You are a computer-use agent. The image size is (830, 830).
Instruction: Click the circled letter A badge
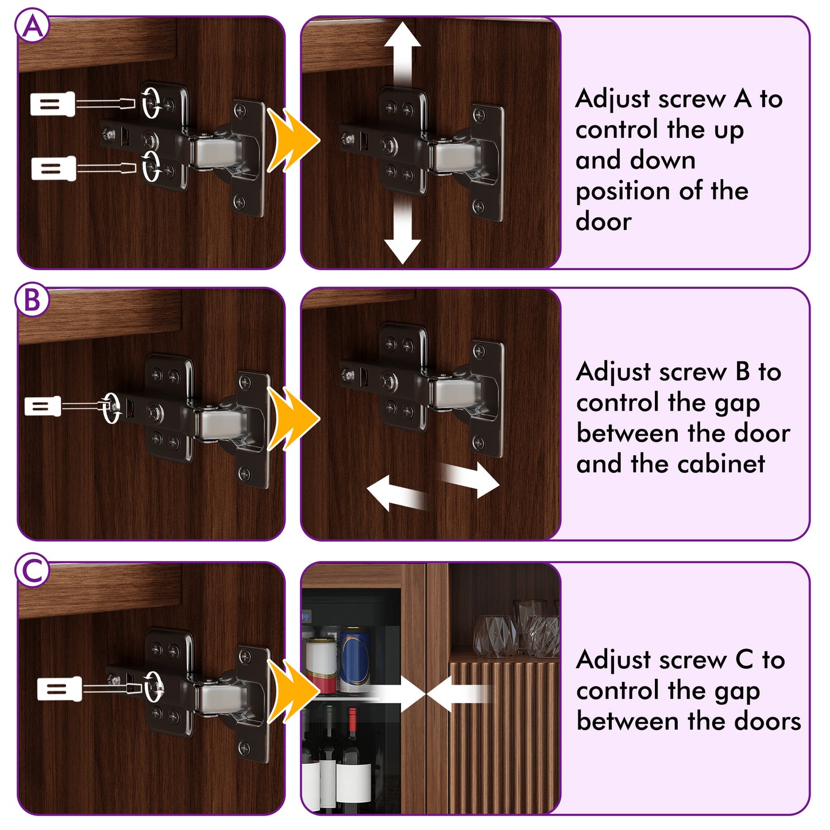(32, 26)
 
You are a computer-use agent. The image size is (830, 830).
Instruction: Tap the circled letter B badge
(32, 300)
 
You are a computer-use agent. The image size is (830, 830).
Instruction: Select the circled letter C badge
(32, 571)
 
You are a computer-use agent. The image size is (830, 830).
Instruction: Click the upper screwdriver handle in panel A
(52, 104)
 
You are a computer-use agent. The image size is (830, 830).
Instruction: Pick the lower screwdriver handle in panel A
(54, 168)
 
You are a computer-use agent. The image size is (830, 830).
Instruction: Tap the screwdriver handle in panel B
(43, 406)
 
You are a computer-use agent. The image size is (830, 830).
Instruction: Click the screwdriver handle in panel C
(59, 688)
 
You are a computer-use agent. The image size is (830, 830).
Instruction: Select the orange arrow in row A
(293, 140)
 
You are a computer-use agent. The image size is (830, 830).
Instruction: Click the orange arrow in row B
(293, 418)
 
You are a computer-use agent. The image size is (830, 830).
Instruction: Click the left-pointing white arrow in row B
(396, 494)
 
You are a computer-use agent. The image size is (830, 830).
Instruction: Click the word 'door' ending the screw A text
(604, 222)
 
